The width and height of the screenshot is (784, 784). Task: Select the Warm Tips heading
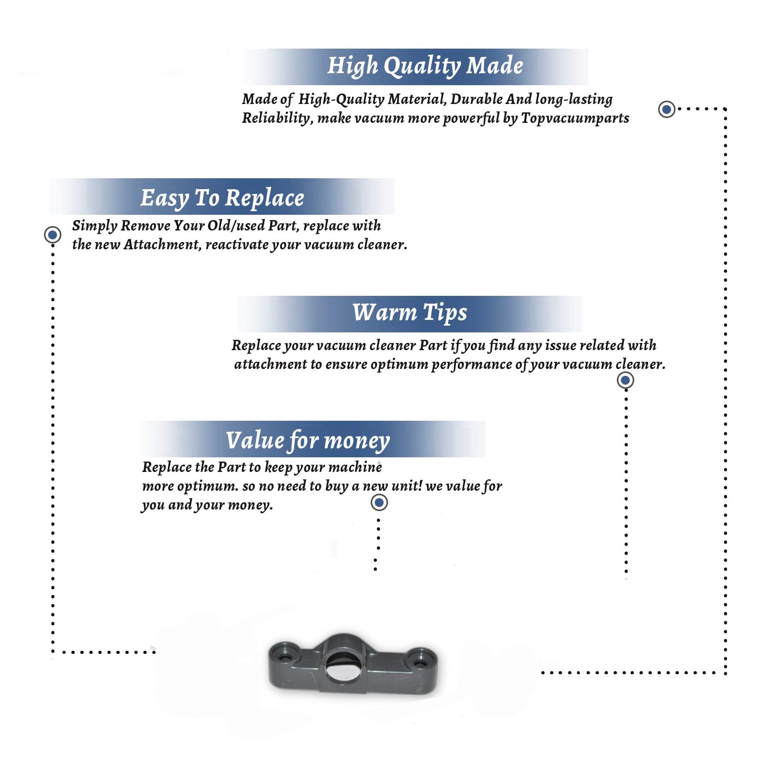(410, 313)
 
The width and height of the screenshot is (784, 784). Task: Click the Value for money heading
(308, 441)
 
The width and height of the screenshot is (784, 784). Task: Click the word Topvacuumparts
(575, 119)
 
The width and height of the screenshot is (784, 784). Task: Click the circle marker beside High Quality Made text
(666, 109)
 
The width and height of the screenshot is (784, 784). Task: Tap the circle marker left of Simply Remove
(52, 235)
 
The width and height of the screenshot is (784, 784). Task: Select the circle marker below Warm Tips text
(625, 380)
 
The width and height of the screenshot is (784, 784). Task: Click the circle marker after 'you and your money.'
(379, 503)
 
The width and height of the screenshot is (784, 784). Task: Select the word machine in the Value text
(355, 467)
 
